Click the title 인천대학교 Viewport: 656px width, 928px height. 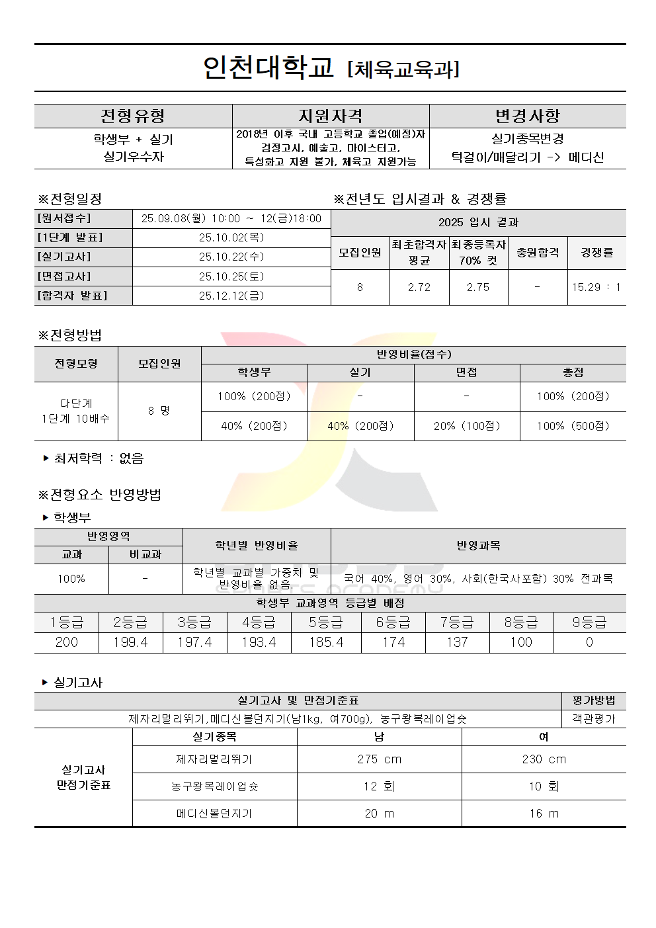point(268,67)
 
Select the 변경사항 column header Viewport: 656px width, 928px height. point(527,116)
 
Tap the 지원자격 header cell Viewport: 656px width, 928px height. point(331,116)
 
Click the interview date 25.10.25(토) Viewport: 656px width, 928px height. point(231,276)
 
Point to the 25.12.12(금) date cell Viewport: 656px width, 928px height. point(231,296)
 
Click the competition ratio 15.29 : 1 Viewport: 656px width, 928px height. point(596,287)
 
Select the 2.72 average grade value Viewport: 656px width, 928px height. point(419,287)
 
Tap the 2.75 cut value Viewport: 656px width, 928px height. point(478,287)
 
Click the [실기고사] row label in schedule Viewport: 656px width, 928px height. point(64,257)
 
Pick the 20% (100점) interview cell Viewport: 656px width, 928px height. point(467,426)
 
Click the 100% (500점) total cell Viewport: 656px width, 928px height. point(573,426)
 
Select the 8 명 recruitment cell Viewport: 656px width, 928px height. point(159,411)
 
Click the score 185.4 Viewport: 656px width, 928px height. point(326,642)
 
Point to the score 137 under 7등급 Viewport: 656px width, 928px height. point(457,642)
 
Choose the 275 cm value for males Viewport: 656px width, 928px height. point(380,759)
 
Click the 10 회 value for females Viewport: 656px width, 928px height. point(544,786)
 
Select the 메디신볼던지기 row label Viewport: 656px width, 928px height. point(214,814)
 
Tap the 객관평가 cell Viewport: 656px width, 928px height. point(593,718)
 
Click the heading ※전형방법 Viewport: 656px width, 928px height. point(70,335)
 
